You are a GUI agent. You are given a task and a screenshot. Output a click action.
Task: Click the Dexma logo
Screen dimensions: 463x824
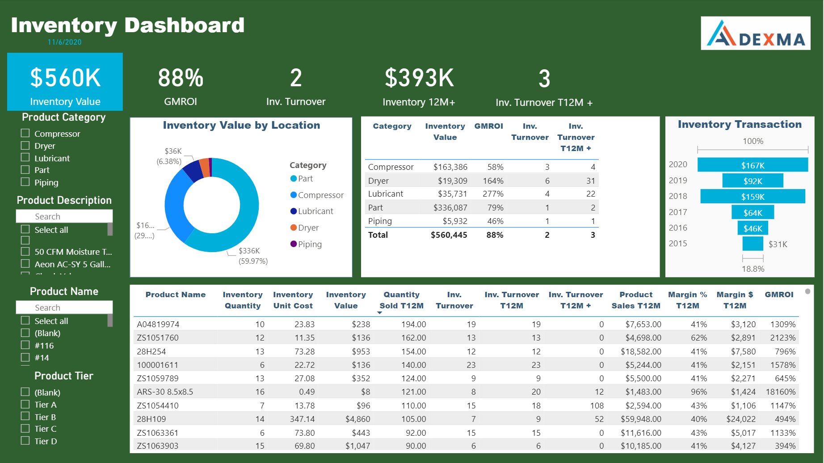755,34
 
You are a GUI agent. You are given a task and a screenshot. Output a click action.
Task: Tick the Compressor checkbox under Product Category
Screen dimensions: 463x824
25,133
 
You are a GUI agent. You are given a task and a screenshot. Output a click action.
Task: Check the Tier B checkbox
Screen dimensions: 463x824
25,417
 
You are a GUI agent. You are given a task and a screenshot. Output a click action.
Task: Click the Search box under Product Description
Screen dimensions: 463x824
64,216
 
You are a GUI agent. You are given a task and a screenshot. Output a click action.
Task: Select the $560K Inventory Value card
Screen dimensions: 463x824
65,82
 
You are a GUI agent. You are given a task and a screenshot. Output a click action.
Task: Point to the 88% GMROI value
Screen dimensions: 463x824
181,78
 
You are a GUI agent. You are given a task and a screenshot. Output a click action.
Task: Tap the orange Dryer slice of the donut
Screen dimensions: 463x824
205,167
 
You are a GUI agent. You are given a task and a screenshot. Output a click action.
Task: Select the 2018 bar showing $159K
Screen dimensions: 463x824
753,197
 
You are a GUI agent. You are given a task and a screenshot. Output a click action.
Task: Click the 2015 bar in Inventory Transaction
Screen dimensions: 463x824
753,244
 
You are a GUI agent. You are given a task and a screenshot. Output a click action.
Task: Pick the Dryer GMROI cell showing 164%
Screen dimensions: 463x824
493,181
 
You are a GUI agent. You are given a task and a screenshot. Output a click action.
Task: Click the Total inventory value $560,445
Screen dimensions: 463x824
449,235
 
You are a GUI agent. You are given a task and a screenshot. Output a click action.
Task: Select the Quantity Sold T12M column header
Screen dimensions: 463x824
401,300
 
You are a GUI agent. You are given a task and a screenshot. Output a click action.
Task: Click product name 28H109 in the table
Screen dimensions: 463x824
151,419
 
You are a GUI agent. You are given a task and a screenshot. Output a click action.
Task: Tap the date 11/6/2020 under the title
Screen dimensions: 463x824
65,42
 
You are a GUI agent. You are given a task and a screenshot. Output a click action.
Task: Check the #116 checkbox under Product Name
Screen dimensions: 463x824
25,345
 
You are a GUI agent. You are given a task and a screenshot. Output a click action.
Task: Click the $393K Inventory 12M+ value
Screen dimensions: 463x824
419,78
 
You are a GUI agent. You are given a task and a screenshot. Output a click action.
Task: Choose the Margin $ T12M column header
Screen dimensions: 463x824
735,300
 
